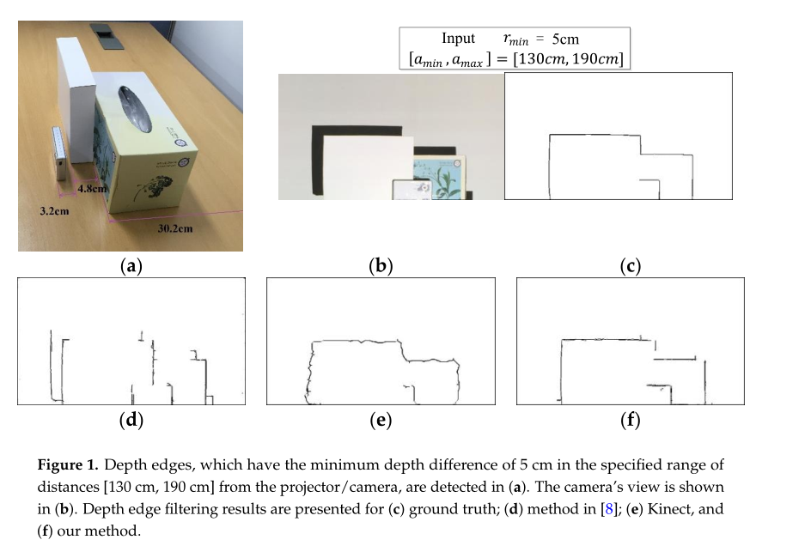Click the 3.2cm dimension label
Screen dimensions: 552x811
point(56,210)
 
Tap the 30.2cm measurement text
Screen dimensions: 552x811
point(175,228)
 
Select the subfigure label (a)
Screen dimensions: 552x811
point(130,266)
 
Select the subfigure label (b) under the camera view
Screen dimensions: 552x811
point(380,266)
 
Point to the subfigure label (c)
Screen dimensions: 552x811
point(630,266)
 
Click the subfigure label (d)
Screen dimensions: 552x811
point(130,420)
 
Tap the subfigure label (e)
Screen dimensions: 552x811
point(380,420)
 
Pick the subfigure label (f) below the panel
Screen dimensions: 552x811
point(630,420)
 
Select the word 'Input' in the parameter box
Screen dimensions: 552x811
point(458,39)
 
